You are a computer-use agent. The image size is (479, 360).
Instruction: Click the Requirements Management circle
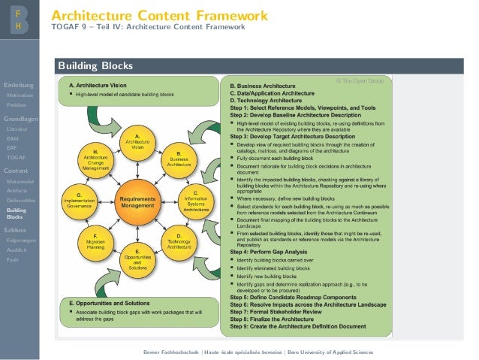[137, 198]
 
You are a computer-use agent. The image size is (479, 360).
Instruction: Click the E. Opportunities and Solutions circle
[137, 257]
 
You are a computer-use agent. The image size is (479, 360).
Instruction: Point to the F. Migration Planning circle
[96, 240]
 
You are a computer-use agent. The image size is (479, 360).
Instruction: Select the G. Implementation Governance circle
[79, 199]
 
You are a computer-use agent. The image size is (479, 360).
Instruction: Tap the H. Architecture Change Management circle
[96, 159]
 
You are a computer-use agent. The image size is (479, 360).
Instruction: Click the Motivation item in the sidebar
[16, 95]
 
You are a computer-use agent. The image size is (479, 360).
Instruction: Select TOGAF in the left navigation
[15, 157]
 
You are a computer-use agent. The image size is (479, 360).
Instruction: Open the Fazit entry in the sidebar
[13, 259]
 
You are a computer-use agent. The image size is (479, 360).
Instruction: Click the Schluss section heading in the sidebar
[15, 229]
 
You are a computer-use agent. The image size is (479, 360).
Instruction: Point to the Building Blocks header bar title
[95, 65]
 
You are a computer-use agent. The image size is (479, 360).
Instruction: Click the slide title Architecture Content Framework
[159, 15]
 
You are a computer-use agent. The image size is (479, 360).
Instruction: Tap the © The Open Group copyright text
[360, 80]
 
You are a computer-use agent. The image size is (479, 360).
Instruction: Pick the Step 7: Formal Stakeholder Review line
[279, 310]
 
